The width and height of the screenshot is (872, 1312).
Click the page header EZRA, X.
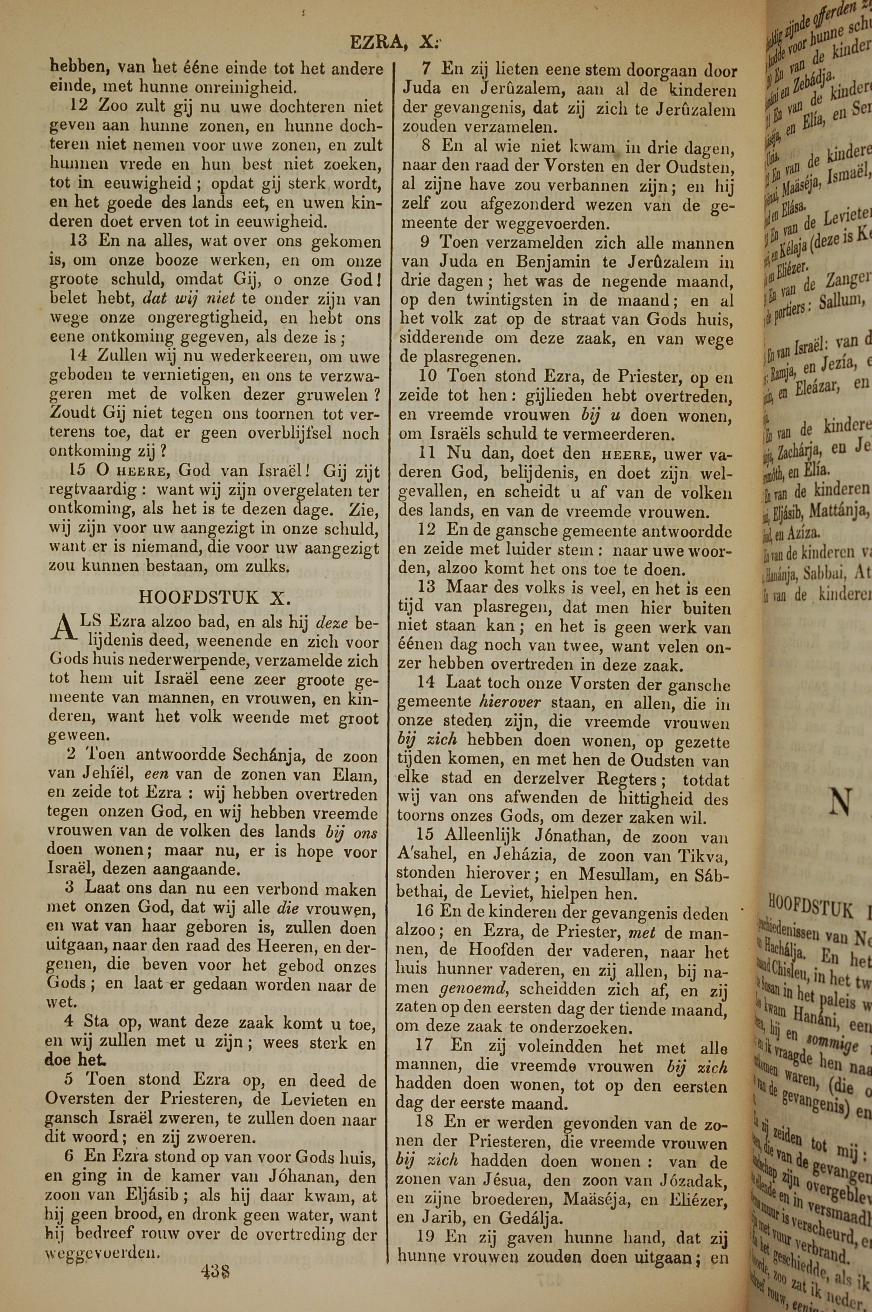pyautogui.click(x=395, y=43)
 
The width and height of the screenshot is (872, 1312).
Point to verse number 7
pyautogui.click(x=426, y=70)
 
